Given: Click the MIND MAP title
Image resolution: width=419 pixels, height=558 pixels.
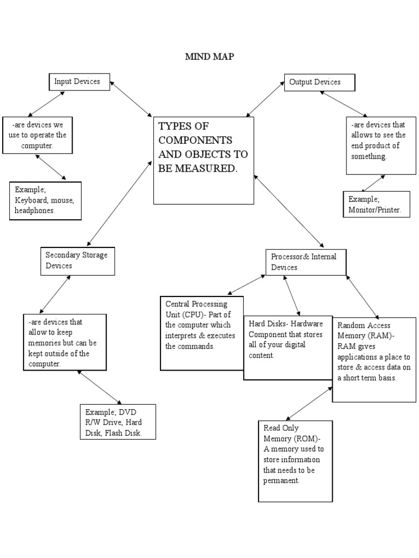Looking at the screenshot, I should pyautogui.click(x=209, y=57).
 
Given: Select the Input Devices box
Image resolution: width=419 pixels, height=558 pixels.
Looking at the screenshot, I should pyautogui.click(x=79, y=82).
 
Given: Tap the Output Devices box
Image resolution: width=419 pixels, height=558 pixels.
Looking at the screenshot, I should pyautogui.click(x=319, y=82).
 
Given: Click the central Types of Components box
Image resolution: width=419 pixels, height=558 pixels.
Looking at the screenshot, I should pyautogui.click(x=203, y=160).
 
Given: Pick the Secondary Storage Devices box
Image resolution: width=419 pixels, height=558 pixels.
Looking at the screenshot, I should pyautogui.click(x=77, y=260).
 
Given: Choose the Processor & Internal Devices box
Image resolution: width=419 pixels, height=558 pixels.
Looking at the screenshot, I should pyautogui.click(x=306, y=262).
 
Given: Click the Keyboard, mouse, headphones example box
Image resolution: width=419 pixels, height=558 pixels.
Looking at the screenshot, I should pyautogui.click(x=45, y=201).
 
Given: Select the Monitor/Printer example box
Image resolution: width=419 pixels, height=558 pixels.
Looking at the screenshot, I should pyautogui.click(x=376, y=204).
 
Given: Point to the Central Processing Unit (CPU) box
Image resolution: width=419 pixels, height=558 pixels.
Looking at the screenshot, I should pyautogui.click(x=201, y=332).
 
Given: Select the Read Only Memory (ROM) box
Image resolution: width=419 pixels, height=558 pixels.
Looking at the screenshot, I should pyautogui.click(x=295, y=460).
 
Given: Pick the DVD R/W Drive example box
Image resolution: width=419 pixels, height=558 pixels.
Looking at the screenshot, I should pyautogui.click(x=117, y=421).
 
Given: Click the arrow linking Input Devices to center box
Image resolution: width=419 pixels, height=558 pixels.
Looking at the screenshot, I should pyautogui.click(x=131, y=99).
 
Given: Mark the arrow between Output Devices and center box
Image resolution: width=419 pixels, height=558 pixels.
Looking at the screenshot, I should pyautogui.click(x=266, y=100).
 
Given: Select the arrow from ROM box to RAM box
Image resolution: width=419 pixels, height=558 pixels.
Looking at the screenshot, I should pyautogui.click(x=309, y=404).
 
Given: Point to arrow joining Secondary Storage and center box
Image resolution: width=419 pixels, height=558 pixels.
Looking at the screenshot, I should pyautogui.click(x=119, y=202).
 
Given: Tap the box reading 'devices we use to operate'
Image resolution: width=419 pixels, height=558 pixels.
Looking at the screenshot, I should pyautogui.click(x=37, y=135).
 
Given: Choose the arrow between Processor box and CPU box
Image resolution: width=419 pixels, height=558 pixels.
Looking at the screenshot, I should pyautogui.click(x=247, y=284).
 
